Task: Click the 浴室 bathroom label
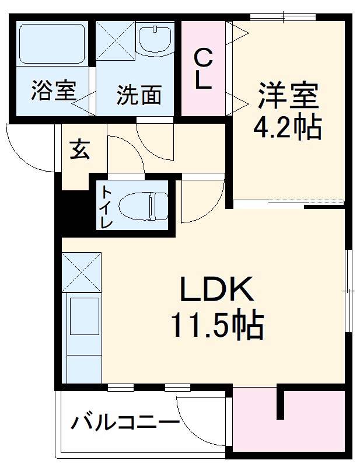pyautogui.click(x=53, y=92)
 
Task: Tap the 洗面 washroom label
pyautogui.click(x=138, y=95)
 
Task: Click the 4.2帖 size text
pyautogui.click(x=287, y=127)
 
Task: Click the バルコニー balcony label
pyautogui.click(x=124, y=421)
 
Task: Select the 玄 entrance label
pyautogui.click(x=81, y=150)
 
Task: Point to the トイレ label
pyautogui.click(x=106, y=207)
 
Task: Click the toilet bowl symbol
pyautogui.click(x=142, y=206)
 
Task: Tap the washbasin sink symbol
pyautogui.click(x=156, y=39)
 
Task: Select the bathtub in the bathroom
pyautogui.click(x=52, y=43)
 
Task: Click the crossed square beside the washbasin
pyautogui.click(x=114, y=40)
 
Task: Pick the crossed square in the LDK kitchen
pyautogui.click(x=81, y=272)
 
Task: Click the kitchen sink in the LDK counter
pyautogui.click(x=83, y=315)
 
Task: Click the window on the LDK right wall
pyautogui.click(x=348, y=289)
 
